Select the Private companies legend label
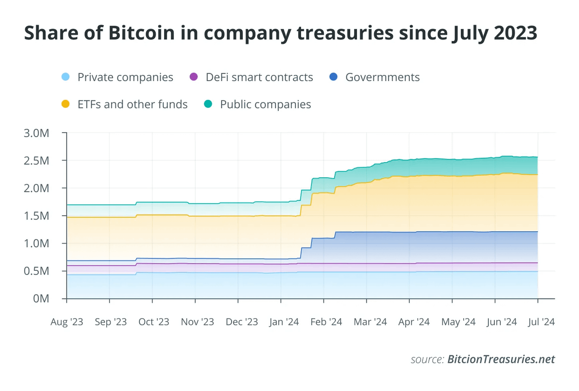125,77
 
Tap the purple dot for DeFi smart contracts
194,77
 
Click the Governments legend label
382,77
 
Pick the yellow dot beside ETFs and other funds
66,104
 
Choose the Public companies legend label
265,104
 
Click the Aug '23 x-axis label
67,322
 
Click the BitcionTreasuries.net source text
501,360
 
